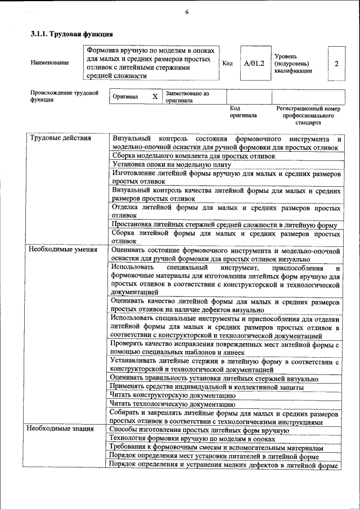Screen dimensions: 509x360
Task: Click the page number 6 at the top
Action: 186,12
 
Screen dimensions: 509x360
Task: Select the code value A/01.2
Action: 254,63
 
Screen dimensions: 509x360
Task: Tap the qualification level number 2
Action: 336,63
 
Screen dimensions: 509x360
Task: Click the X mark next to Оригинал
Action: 155,97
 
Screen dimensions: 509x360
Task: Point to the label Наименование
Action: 50,63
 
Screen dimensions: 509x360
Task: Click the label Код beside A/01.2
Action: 227,64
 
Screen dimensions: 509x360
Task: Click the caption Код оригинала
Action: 242,111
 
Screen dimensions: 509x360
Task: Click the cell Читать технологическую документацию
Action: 172,404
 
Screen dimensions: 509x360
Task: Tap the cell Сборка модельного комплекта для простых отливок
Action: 193,156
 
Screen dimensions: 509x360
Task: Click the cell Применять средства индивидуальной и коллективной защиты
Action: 207,387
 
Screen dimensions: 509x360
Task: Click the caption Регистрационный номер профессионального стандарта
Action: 308,115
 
